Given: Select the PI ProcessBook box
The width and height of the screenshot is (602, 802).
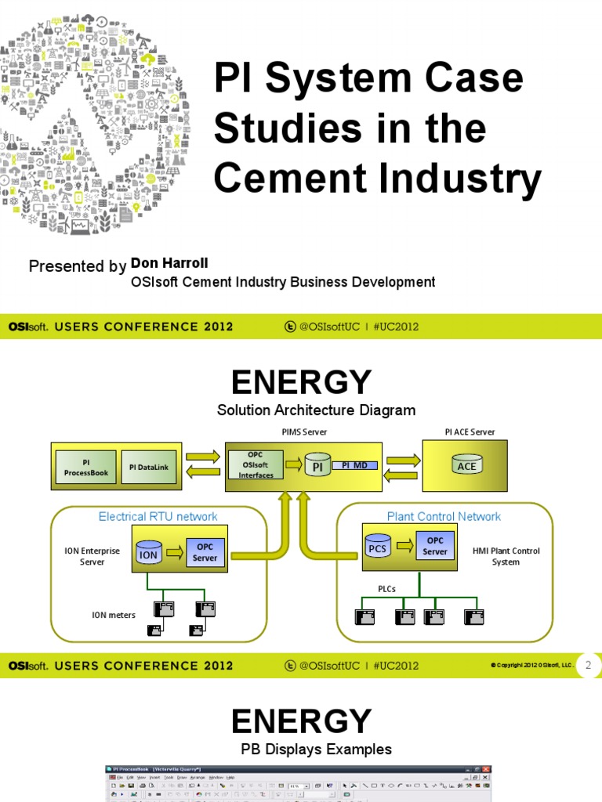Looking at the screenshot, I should (86, 468).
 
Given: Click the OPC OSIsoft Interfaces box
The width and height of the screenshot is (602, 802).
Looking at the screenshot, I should (256, 464).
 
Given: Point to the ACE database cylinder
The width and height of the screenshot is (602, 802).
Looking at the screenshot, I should (466, 465).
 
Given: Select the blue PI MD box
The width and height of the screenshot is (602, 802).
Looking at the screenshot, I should (354, 465).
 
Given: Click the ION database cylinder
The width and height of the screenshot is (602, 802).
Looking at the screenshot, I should (148, 553).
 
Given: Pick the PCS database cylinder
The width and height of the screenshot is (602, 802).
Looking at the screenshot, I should (378, 546).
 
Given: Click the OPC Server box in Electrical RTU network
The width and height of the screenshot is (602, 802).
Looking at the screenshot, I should (205, 551).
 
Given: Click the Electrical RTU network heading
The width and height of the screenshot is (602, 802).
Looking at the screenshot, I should (158, 516).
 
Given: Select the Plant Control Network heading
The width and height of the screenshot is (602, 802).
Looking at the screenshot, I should (444, 516).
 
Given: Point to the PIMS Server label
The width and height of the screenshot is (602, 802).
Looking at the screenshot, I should (304, 432).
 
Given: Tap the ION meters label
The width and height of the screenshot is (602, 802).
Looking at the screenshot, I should (114, 615).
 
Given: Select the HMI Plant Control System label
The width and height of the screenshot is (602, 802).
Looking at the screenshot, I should (506, 556).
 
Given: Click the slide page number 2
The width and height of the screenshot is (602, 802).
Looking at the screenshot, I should (589, 665).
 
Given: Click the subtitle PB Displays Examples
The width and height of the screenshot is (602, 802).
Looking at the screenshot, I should (316, 749).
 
